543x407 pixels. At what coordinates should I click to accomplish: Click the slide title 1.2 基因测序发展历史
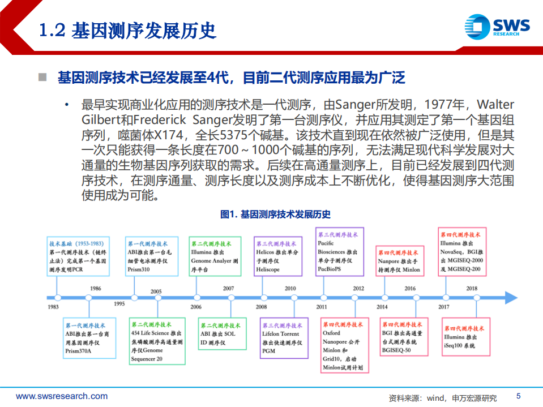[128, 30]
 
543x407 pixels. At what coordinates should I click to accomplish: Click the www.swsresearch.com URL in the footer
[62, 396]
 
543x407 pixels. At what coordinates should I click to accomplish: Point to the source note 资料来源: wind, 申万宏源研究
[442, 397]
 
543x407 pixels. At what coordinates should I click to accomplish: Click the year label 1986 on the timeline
[96, 289]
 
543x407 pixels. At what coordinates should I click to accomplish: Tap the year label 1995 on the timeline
[119, 304]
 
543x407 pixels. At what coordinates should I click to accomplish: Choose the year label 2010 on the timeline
[290, 289]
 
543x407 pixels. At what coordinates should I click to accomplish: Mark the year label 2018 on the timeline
[472, 289]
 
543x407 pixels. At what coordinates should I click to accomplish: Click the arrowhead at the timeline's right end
[511, 297]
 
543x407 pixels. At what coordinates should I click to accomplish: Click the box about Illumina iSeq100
[465, 337]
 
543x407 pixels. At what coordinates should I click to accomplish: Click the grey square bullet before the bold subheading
[41, 77]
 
